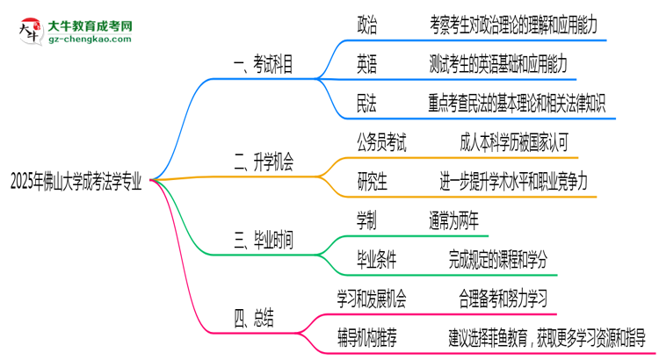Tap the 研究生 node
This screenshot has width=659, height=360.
point(373,183)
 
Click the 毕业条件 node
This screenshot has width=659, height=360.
point(376,260)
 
